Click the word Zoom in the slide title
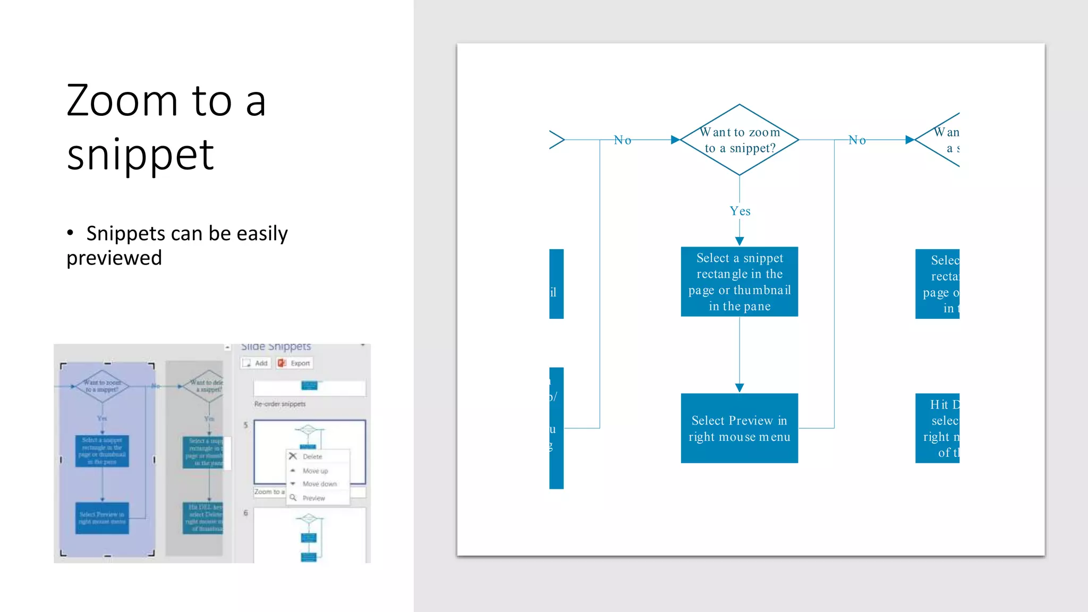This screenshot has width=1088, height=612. coord(122,101)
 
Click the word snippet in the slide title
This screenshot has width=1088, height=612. coord(140,155)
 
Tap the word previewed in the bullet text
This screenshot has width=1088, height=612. coord(114,258)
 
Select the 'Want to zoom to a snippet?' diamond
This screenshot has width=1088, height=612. coord(739,140)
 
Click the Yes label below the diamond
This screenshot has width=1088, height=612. coord(739,211)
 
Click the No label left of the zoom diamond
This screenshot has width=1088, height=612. coord(622,140)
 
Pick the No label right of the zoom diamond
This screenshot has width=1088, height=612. coord(856,140)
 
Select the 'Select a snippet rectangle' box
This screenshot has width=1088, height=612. coord(739,282)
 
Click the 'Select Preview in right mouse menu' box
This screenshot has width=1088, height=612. coord(739,428)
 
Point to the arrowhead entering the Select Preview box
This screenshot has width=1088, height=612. coord(739,388)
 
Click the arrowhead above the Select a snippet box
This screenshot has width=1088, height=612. coord(739,241)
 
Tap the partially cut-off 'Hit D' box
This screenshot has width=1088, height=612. coord(938,428)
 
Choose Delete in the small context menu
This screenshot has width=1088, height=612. coord(312,457)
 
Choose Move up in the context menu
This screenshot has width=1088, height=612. coord(315,471)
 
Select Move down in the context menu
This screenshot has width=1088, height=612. coord(319,484)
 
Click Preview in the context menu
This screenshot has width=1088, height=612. coord(313,498)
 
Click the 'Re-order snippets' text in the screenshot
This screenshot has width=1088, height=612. coord(280,404)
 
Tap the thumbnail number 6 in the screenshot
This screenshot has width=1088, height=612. coord(245,513)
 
